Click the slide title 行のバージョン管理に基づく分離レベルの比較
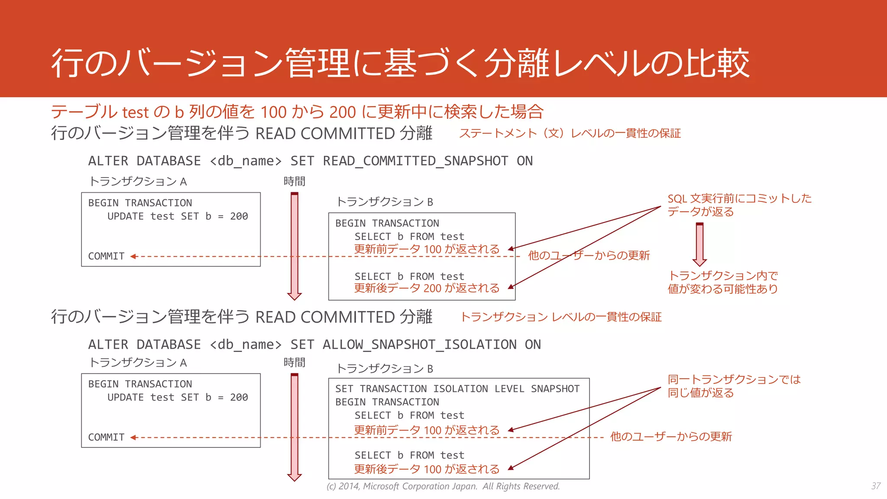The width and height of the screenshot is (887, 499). (x=400, y=63)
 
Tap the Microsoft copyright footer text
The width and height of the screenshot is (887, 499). (x=443, y=486)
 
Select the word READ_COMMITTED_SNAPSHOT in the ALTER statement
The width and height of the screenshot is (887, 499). (x=415, y=161)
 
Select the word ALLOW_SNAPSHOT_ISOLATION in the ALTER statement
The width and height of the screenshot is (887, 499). (x=419, y=345)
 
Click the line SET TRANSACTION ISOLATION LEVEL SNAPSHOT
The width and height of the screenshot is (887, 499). (x=457, y=389)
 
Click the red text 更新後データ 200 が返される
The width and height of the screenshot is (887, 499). (x=427, y=288)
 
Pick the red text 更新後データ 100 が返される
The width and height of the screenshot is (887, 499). (x=427, y=469)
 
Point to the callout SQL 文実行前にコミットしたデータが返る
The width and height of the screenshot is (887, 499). (x=739, y=205)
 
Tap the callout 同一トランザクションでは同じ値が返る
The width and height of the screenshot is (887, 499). (x=734, y=386)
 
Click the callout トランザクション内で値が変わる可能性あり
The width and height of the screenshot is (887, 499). (x=722, y=282)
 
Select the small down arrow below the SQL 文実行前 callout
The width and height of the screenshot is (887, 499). (x=699, y=244)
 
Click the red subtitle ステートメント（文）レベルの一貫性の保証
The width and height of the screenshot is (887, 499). (x=570, y=133)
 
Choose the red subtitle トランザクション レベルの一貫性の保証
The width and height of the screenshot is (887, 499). (x=560, y=317)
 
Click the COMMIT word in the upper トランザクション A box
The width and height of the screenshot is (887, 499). (x=106, y=256)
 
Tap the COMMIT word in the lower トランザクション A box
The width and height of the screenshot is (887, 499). (x=106, y=437)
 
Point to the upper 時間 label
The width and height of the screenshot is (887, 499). (x=295, y=181)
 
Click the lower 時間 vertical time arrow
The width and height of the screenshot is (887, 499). (x=295, y=427)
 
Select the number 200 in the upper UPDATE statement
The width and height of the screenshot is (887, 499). (x=239, y=217)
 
